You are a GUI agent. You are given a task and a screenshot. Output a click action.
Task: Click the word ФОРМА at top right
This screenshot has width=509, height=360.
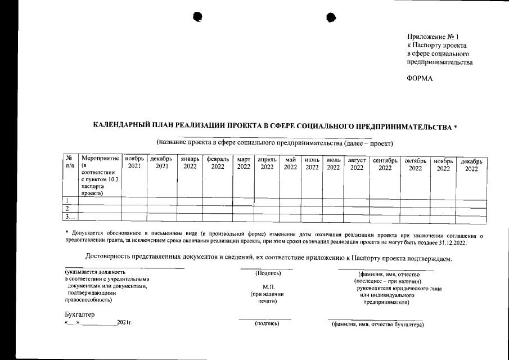(x=420, y=79)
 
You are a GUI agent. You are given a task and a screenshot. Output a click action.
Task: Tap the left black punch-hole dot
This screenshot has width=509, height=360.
(x=197, y=17)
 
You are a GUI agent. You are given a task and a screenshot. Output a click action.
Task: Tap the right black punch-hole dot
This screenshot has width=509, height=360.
(x=331, y=17)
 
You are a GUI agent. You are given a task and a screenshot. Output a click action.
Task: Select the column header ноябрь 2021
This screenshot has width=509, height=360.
(x=134, y=163)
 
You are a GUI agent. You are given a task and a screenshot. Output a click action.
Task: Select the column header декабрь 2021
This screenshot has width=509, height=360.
(x=161, y=163)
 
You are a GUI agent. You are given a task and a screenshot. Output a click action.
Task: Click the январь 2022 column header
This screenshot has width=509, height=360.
(x=190, y=163)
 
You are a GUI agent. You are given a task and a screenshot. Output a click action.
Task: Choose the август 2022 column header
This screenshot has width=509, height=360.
(x=357, y=164)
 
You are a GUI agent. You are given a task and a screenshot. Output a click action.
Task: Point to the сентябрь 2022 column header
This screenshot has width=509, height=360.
(x=385, y=164)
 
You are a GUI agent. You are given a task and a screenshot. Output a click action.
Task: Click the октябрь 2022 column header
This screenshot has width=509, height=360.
(x=415, y=164)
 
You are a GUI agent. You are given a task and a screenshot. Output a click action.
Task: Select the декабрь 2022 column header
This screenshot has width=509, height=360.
(x=471, y=165)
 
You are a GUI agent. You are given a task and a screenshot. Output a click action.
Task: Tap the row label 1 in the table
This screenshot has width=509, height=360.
(x=67, y=201)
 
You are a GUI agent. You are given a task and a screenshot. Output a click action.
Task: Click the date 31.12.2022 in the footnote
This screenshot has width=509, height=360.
(x=459, y=243)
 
